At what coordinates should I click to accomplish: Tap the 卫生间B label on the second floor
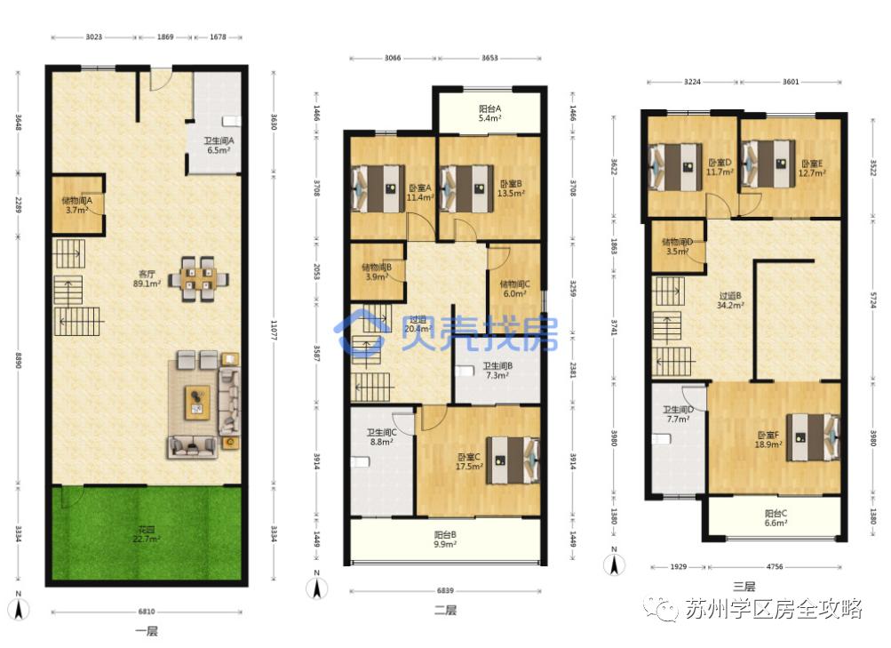pos(497,370)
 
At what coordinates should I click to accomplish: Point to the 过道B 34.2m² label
pos(730,300)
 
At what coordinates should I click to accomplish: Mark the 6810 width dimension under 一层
pos(147,612)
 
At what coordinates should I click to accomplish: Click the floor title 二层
pos(445,611)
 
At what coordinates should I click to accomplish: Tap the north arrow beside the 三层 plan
pos(611,564)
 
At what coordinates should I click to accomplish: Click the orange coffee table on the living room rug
pos(196,403)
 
